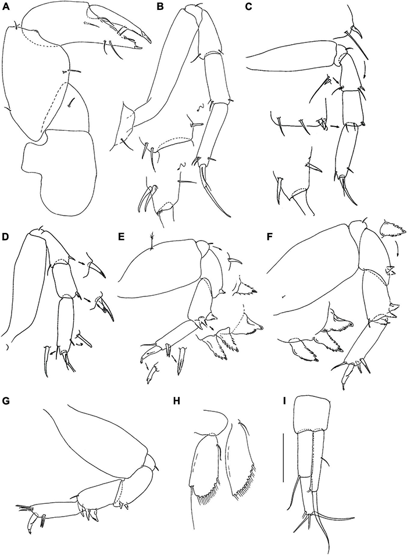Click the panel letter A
[5, 7]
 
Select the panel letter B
[160, 7]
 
